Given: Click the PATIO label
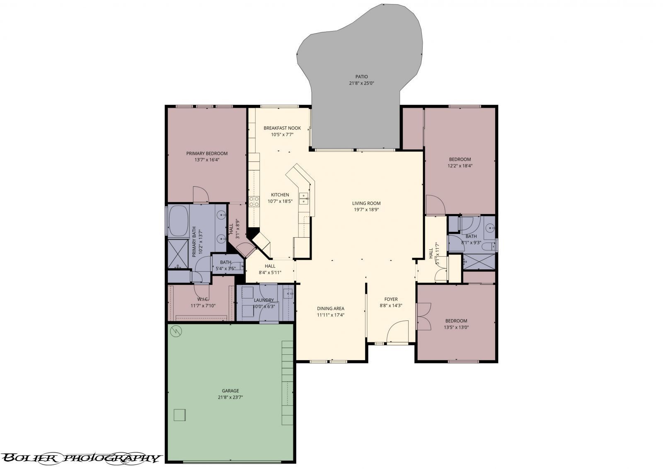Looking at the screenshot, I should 361,77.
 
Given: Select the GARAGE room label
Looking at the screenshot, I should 230,390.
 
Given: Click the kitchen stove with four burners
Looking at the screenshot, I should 254,201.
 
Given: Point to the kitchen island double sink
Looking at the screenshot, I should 304,198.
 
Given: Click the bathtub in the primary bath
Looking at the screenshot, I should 178,220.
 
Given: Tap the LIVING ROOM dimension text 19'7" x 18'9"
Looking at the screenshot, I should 366,209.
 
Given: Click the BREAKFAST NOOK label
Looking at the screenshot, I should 282,128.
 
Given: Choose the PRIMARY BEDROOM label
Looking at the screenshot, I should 207,153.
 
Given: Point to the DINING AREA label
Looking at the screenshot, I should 331,308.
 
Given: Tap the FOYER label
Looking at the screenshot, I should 391,299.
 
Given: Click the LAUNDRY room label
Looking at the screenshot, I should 264,300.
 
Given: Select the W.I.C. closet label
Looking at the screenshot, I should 203,299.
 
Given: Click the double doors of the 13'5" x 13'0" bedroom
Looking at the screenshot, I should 423,317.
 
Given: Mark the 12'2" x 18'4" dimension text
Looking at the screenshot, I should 460,166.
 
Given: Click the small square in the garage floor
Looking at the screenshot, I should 179,415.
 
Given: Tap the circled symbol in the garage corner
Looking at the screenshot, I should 176,330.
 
